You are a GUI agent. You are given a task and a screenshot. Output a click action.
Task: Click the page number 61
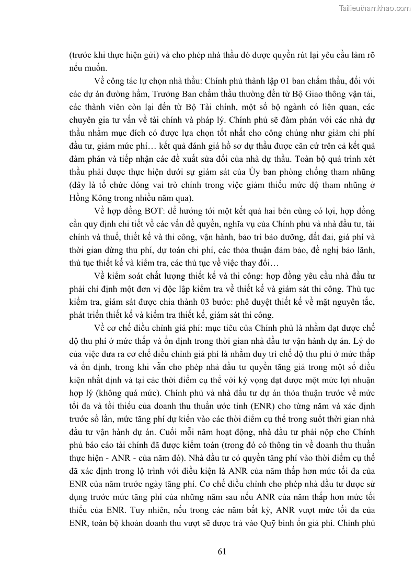[221, 552]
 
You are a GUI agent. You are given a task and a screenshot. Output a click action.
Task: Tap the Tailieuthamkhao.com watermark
[375, 8]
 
